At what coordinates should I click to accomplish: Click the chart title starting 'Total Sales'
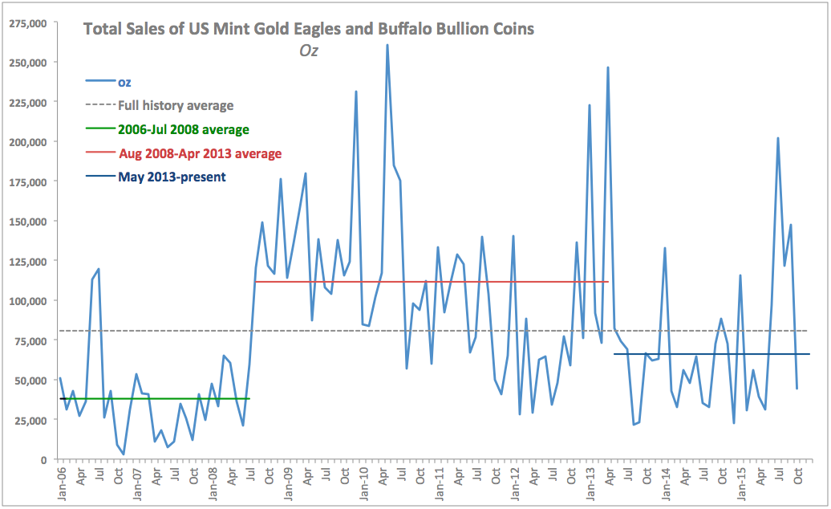point(309,30)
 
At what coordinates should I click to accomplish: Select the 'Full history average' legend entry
point(176,105)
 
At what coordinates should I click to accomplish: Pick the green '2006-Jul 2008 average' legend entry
point(183,129)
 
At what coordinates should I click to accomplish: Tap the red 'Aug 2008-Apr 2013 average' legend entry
point(200,153)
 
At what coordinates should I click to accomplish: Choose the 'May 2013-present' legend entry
point(172,177)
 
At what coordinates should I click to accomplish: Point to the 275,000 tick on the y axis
point(26,22)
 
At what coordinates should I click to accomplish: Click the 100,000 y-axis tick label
point(26,300)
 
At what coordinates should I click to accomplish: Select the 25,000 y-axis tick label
point(30,420)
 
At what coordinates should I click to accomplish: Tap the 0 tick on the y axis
point(43,459)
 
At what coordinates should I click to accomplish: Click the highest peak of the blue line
point(387,45)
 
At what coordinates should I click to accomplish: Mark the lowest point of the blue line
point(124,454)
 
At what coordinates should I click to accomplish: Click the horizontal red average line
point(433,282)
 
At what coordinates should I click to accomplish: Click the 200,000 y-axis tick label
point(26,141)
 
